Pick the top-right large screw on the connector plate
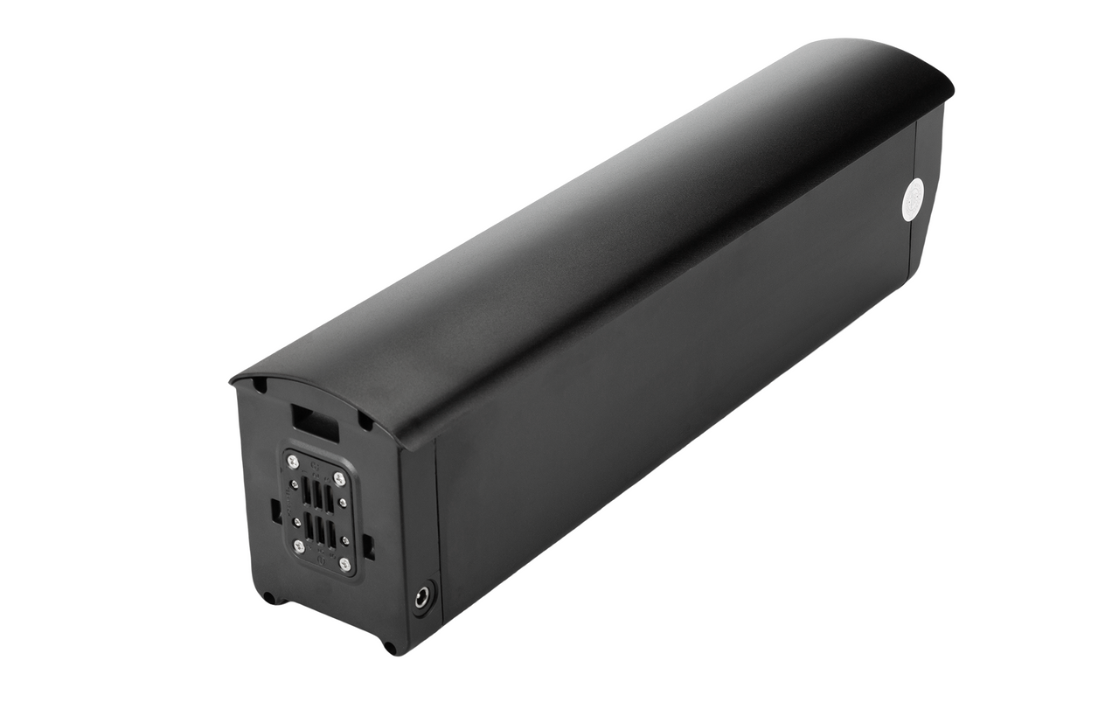coord(339,479)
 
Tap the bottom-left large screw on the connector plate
coord(299,546)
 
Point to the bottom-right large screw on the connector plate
coord(344,565)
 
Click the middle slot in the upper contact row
coord(317,495)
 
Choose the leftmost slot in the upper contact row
coord(307,490)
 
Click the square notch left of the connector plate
coord(276,510)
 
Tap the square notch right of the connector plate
coord(368,546)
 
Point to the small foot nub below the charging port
coord(390,648)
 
